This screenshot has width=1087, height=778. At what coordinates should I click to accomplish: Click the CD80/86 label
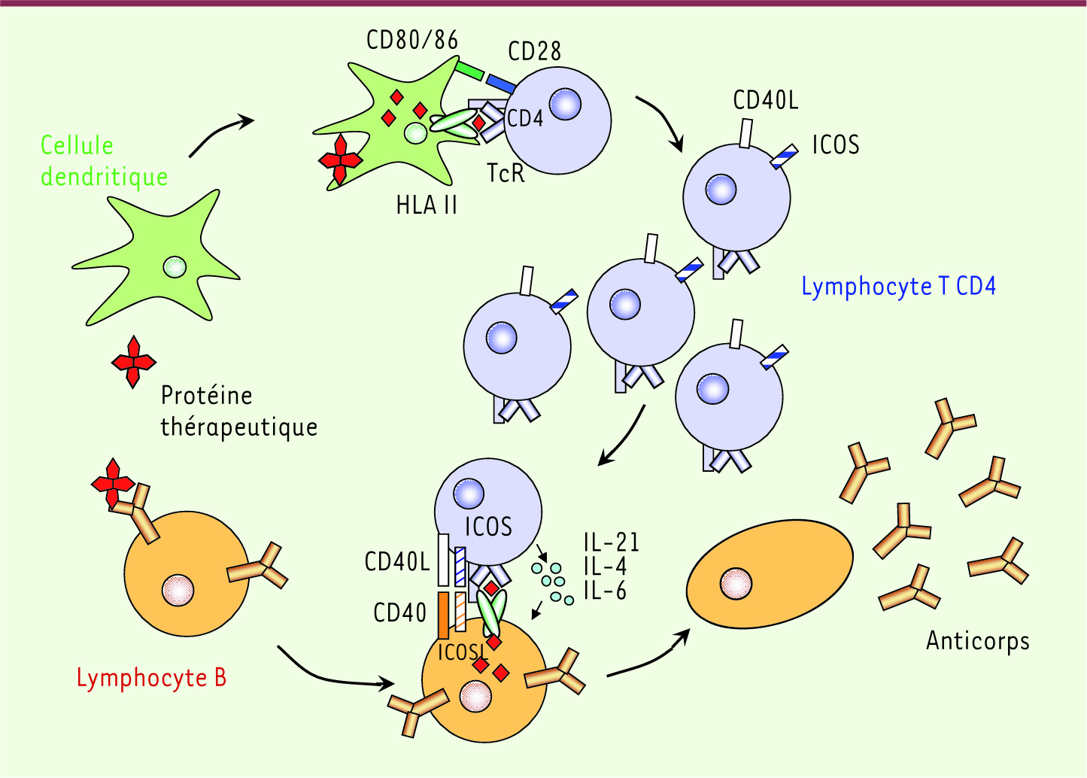point(412,40)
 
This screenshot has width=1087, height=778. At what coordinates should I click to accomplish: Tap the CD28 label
point(534,50)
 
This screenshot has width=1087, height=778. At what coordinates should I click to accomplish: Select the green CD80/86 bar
point(469,71)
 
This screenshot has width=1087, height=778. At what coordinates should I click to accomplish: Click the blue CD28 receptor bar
point(501,83)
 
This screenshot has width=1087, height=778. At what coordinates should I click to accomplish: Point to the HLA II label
point(427,205)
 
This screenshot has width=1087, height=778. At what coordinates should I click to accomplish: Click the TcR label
point(506,173)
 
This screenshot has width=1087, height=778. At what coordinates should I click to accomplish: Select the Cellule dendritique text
point(104,162)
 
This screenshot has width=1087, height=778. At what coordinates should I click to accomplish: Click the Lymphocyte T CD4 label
point(898,287)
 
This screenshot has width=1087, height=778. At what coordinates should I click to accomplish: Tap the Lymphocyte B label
point(151,677)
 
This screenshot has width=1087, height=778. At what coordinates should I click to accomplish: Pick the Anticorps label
point(978,640)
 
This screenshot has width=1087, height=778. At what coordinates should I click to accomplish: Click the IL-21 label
point(612,542)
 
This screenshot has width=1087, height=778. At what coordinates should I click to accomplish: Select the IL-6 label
point(605,591)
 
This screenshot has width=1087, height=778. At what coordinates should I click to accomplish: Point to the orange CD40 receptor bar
point(443,615)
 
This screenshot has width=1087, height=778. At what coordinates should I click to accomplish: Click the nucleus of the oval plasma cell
point(736,583)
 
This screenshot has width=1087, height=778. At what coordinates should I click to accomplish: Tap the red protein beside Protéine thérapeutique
point(133,362)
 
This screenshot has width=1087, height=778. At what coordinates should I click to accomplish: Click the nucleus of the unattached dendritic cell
point(175,267)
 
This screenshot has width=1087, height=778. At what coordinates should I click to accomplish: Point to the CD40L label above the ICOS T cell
point(765,100)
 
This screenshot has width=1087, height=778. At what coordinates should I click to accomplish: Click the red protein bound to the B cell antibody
point(113,483)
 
